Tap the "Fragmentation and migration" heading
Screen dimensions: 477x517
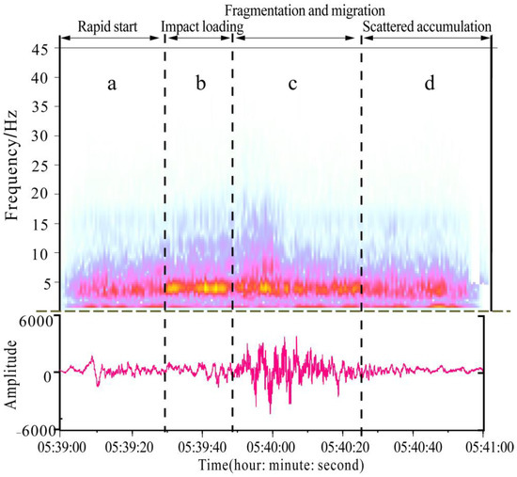click(x=293, y=9)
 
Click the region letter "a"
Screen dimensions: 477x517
click(x=112, y=84)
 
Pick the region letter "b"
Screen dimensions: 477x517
click(x=200, y=84)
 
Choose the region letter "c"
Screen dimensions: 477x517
click(x=292, y=84)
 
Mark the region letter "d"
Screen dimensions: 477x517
click(x=430, y=84)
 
